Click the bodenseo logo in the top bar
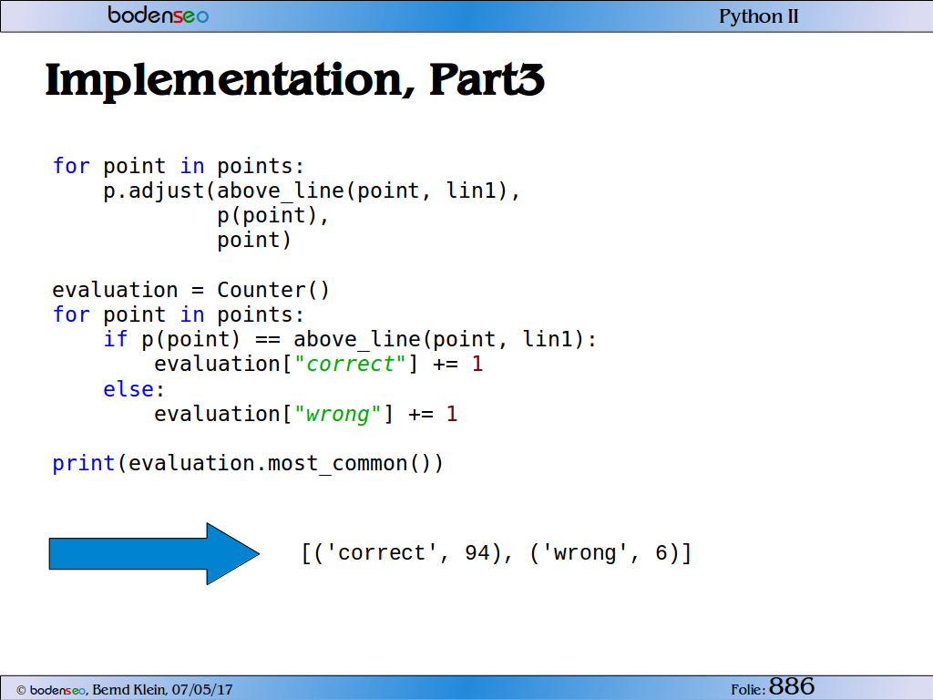159,15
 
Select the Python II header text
759,16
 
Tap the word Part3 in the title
487,79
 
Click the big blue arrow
154,553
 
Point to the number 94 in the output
477,553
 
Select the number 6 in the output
661,553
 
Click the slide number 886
792,686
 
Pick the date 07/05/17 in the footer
202,690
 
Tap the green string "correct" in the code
350,364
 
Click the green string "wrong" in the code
337,414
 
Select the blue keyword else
128,388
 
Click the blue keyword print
83,463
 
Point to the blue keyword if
116,339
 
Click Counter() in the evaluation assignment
273,290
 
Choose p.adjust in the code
153,191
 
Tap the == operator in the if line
268,340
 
